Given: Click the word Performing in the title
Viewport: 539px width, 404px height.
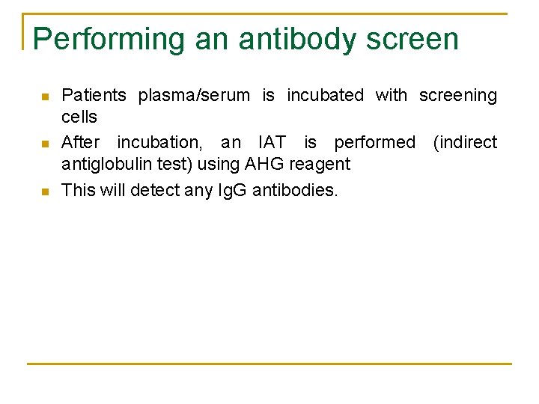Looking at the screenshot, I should click(x=109, y=39).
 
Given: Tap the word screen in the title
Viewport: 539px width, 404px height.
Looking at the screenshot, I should click(x=412, y=39).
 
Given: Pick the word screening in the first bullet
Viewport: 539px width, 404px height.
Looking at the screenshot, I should click(x=457, y=96).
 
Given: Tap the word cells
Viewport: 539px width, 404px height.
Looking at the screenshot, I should click(x=79, y=117).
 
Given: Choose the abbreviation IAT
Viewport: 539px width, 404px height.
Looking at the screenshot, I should click(x=271, y=142).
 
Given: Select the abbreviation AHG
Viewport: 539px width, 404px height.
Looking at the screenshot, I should click(x=260, y=164).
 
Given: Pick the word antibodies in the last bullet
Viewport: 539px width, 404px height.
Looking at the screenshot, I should click(x=295, y=190).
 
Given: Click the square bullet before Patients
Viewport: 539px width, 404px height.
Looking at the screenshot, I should click(x=44, y=97).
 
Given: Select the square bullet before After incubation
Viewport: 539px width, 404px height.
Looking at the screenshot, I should click(x=44, y=144).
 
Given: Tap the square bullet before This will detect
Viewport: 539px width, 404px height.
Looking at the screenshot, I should click(x=44, y=192).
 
